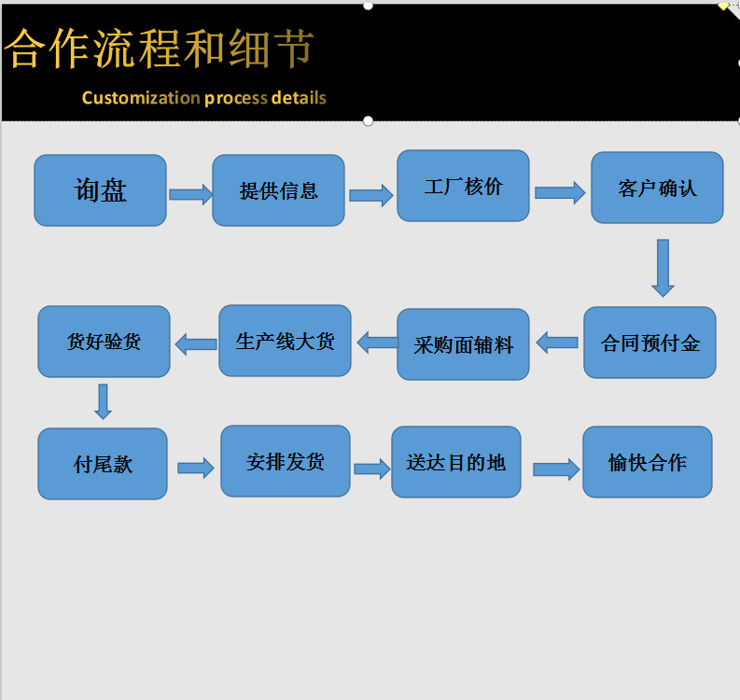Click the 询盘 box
pyautogui.click(x=100, y=190)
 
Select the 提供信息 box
pyautogui.click(x=278, y=190)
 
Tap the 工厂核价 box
pyautogui.click(x=463, y=186)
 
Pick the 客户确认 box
pyautogui.click(x=657, y=188)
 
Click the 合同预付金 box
pyautogui.click(x=649, y=343)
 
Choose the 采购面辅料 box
pyautogui.click(x=463, y=344)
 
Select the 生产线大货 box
pyautogui.click(x=285, y=341)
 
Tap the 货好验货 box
pyautogui.click(x=104, y=342)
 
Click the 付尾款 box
pyautogui.click(x=103, y=464)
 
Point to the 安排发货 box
pyautogui.click(x=285, y=461)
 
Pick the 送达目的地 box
pyautogui.click(x=455, y=462)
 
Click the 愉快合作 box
pyautogui.click(x=647, y=462)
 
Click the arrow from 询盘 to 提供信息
pyautogui.click(x=190, y=194)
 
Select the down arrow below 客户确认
pyautogui.click(x=663, y=267)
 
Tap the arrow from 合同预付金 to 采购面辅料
pyautogui.click(x=557, y=343)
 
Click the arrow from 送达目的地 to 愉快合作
pyautogui.click(x=555, y=469)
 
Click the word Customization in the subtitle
pyautogui.click(x=141, y=98)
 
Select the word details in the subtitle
pyautogui.click(x=299, y=98)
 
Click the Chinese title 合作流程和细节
pyautogui.click(x=160, y=49)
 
